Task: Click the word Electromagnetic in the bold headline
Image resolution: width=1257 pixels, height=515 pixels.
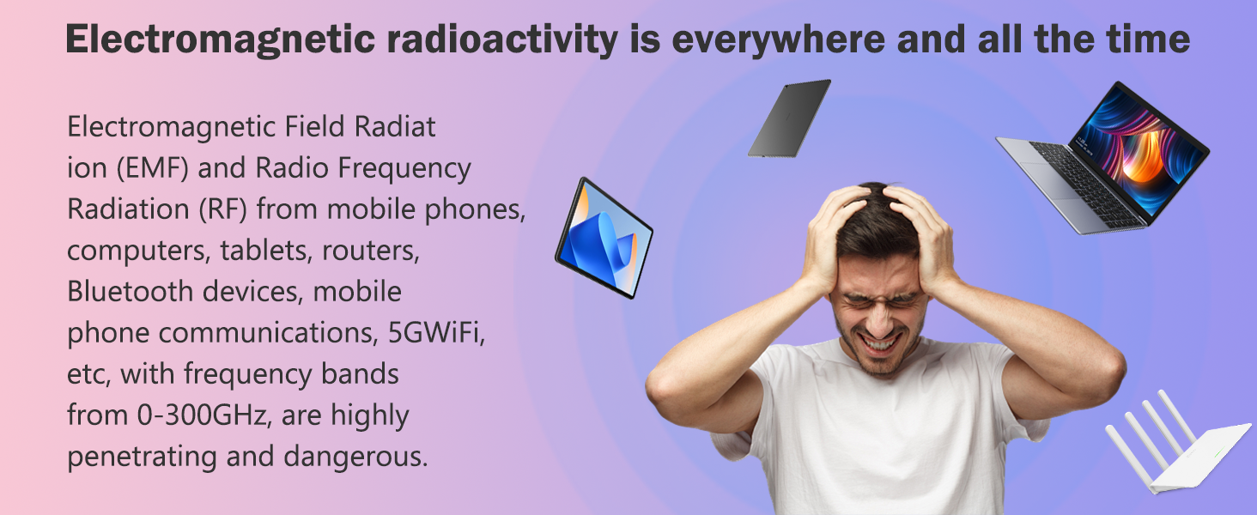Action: [x=220, y=40]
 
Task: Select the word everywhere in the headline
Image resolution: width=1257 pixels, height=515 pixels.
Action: [x=779, y=40]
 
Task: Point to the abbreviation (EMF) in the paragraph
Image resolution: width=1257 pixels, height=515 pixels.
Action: [x=152, y=168]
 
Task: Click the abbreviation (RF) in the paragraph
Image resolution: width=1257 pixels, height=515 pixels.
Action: [x=222, y=209]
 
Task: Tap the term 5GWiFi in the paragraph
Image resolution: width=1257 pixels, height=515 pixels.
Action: [x=436, y=333]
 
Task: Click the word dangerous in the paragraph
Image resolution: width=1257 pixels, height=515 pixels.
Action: [x=355, y=457]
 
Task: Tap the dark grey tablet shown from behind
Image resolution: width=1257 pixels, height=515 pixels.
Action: [x=790, y=118]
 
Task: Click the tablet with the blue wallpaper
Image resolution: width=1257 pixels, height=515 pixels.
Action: [x=604, y=238]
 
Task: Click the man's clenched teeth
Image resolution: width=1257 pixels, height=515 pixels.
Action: [x=880, y=343]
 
